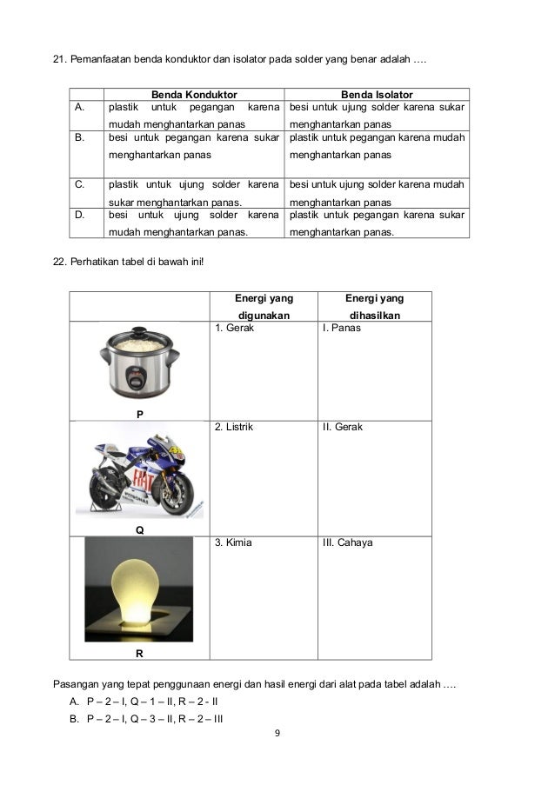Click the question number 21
(x=59, y=62)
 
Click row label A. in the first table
(x=79, y=108)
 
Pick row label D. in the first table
(x=79, y=214)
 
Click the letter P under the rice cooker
(x=139, y=414)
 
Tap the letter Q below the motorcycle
(x=139, y=529)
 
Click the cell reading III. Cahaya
(x=347, y=542)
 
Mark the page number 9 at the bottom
(x=277, y=735)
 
